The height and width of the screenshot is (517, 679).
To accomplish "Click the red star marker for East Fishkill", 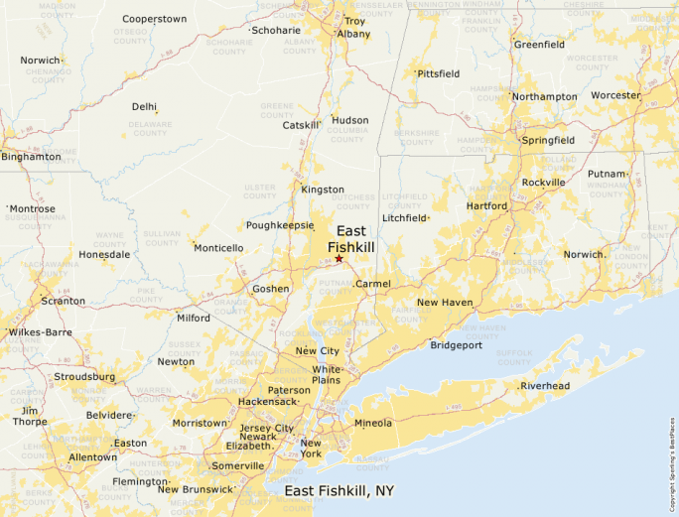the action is click(x=339, y=259).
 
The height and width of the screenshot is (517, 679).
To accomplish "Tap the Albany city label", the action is click(x=353, y=34).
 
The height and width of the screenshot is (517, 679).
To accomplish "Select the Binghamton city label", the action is click(x=31, y=157).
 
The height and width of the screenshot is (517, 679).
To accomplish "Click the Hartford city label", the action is click(x=487, y=206).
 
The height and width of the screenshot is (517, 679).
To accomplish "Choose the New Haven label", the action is click(x=444, y=302).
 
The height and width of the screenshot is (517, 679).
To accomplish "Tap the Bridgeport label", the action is click(x=456, y=345).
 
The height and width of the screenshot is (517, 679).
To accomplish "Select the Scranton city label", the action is click(x=64, y=301).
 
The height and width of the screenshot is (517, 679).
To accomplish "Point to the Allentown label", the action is click(x=92, y=457).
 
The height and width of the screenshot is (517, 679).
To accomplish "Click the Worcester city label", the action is click(x=615, y=95).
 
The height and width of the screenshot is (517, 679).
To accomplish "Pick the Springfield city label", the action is click(x=548, y=141).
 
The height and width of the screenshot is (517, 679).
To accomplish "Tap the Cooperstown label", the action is click(x=154, y=19).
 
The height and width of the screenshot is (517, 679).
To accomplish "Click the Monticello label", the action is click(x=218, y=248).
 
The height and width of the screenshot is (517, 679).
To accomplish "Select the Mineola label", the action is click(x=373, y=424).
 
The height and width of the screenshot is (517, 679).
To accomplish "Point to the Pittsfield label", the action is click(x=438, y=74).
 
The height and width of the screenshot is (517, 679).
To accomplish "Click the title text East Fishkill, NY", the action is click(x=339, y=491).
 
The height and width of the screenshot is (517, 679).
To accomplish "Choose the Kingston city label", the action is click(x=323, y=189).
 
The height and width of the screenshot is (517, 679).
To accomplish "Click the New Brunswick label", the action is click(x=195, y=489).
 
